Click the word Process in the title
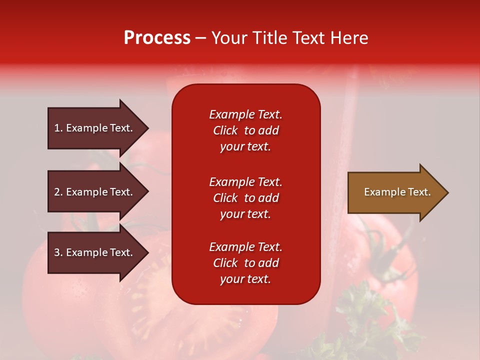[157, 38]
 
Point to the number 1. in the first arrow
[58, 128]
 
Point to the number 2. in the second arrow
[58, 192]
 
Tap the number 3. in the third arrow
[58, 252]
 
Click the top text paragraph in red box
[245, 130]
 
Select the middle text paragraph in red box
[245, 198]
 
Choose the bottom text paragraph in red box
[245, 263]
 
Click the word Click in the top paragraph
[225, 130]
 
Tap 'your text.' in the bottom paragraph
[245, 279]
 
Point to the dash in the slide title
[201, 38]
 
